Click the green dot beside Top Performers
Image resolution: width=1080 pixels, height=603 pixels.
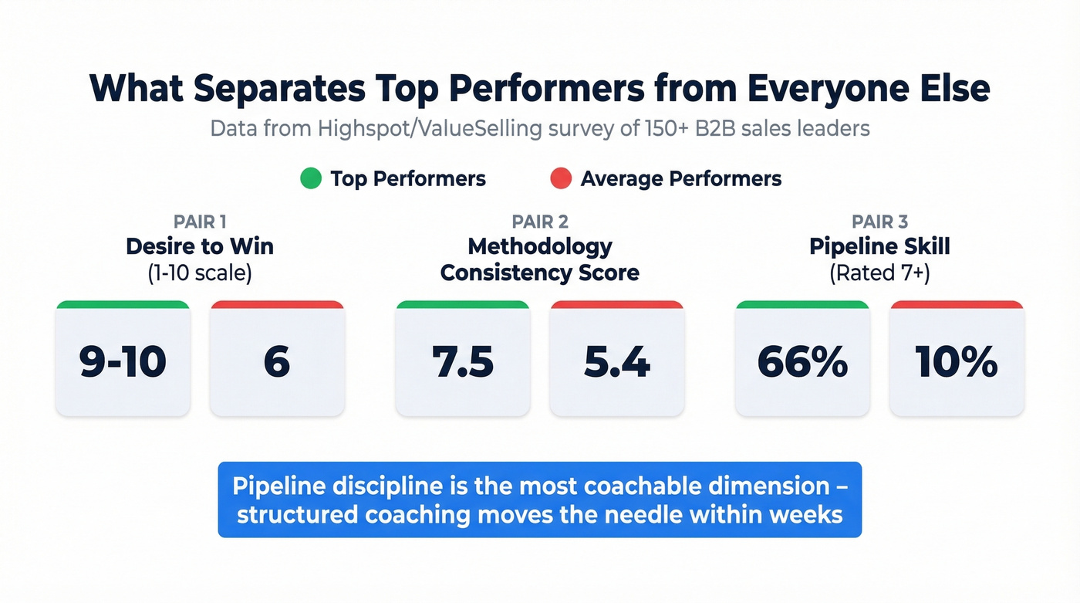tap(310, 179)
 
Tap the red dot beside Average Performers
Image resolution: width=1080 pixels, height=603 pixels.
tap(561, 179)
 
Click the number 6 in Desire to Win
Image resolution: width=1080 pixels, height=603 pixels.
tap(277, 361)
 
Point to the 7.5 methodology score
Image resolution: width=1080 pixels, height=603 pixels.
tap(462, 361)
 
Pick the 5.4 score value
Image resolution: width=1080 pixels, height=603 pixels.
tap(616, 361)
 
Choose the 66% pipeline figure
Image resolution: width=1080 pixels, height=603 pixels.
tap(802, 361)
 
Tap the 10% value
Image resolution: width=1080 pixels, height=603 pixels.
tap(957, 361)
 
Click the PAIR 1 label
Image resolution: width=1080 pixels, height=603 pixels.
tap(200, 222)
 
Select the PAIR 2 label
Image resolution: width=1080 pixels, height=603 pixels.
tap(540, 222)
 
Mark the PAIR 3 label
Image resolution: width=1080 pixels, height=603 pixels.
tap(879, 222)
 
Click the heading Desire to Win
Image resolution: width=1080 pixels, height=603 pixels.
tap(200, 247)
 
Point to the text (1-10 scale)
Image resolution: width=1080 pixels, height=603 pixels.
tap(200, 273)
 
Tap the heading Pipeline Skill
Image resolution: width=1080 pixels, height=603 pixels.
tap(879, 247)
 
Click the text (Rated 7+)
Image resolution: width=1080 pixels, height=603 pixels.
tap(879, 273)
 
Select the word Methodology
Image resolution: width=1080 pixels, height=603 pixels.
tap(540, 247)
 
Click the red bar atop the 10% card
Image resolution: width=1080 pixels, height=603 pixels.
tap(957, 305)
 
